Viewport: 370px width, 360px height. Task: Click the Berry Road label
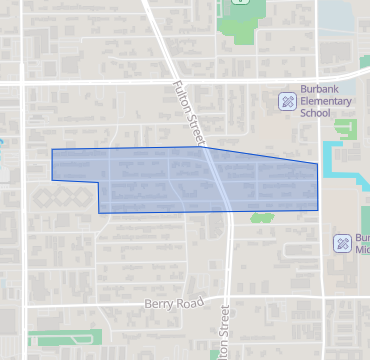174,302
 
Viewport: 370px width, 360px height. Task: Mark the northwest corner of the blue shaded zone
52,149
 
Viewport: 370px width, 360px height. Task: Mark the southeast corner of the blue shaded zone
318,210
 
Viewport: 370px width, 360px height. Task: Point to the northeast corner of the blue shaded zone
318,163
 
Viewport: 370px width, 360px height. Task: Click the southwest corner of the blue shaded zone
98,213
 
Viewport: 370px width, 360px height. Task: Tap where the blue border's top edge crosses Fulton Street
207,148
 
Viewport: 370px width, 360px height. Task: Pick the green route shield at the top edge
240,3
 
